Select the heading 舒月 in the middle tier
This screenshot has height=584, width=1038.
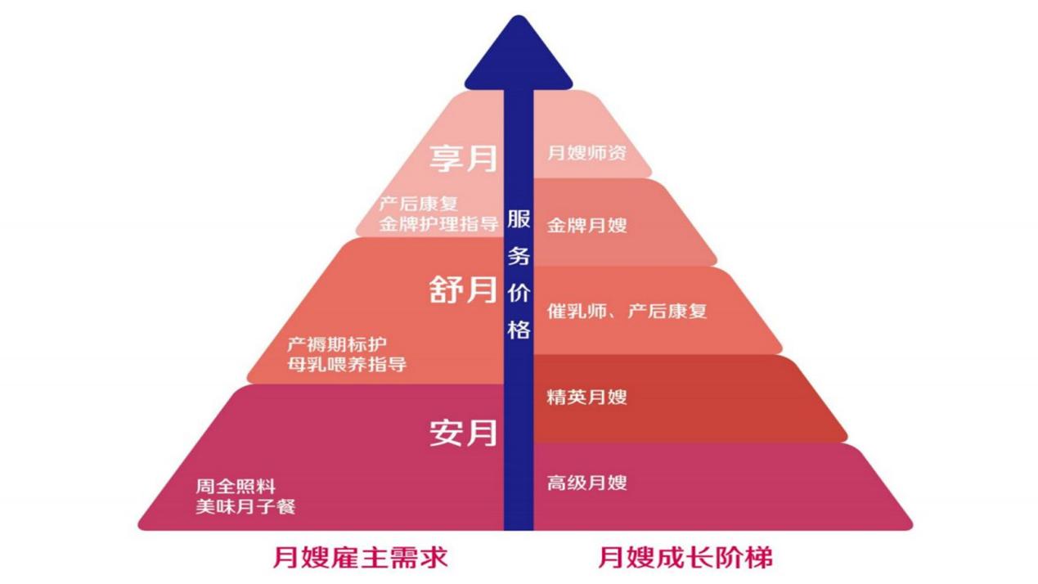pyautogui.click(x=464, y=290)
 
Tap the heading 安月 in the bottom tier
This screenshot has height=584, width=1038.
pyautogui.click(x=464, y=434)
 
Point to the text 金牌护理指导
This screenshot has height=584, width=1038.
pyautogui.click(x=438, y=224)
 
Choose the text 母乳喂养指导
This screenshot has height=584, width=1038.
pyautogui.click(x=347, y=364)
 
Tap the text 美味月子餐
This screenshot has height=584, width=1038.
pyautogui.click(x=245, y=507)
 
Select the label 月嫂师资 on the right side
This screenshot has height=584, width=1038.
pyautogui.click(x=586, y=152)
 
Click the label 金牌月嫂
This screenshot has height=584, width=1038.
pyautogui.click(x=586, y=225)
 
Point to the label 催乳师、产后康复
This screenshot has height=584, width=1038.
pyautogui.click(x=627, y=311)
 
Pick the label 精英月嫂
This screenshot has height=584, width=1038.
pyautogui.click(x=586, y=398)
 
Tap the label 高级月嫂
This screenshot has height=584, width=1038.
pyautogui.click(x=586, y=483)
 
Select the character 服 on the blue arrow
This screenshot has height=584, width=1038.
pyautogui.click(x=519, y=219)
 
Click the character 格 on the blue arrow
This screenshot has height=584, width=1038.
pyautogui.click(x=519, y=330)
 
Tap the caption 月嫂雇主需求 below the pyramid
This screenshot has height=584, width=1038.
pyautogui.click(x=360, y=558)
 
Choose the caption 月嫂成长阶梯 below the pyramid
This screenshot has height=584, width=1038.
pyautogui.click(x=685, y=558)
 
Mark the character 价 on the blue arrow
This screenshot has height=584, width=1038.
pyautogui.click(x=519, y=293)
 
